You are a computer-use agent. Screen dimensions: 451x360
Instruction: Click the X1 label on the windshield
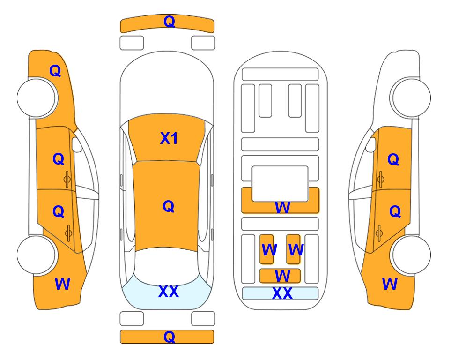[x=169, y=138]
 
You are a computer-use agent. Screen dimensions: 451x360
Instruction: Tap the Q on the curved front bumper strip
[x=170, y=21]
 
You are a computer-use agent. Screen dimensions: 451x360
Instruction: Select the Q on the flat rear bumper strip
[x=170, y=337]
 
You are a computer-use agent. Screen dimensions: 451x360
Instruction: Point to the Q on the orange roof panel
[x=169, y=206]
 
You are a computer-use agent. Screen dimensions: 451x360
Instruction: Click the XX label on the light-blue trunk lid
[x=169, y=292]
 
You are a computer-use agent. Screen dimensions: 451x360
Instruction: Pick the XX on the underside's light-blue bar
[x=282, y=293]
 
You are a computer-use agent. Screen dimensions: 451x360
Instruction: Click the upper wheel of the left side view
[x=37, y=98]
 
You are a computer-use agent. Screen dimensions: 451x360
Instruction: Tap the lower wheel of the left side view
[x=37, y=255]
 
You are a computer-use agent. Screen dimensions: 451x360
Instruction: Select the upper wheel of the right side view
[x=411, y=97]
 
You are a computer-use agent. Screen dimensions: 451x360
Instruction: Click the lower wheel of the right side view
[x=411, y=255]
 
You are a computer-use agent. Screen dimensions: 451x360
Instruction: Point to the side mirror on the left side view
[x=76, y=144]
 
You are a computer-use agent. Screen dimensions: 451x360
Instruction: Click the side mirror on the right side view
[x=371, y=144]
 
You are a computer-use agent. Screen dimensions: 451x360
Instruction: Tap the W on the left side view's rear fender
[x=62, y=284]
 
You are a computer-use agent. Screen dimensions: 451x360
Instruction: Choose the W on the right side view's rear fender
[x=390, y=284]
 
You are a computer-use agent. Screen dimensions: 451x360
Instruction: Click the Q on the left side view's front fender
[x=55, y=71]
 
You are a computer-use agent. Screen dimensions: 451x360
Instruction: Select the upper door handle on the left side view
[x=67, y=179]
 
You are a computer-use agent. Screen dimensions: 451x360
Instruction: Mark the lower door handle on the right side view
[x=379, y=233]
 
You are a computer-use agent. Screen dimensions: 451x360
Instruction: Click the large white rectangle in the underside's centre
[x=280, y=184]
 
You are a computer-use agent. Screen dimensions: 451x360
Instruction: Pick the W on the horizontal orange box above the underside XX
[x=282, y=276]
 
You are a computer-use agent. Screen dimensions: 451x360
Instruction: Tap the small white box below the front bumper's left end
[x=132, y=43]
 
